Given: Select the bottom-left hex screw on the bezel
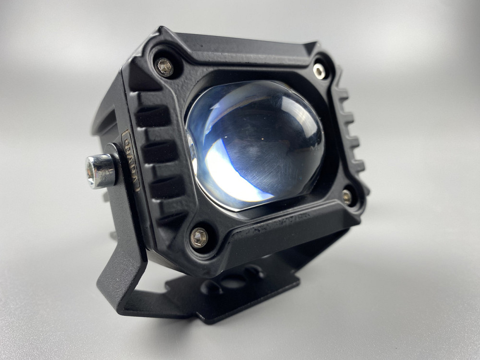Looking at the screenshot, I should [199, 237].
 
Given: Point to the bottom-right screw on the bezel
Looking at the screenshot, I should [347, 196].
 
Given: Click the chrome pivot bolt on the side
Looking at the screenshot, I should [100, 171].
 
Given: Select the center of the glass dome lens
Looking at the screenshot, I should [257, 144].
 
